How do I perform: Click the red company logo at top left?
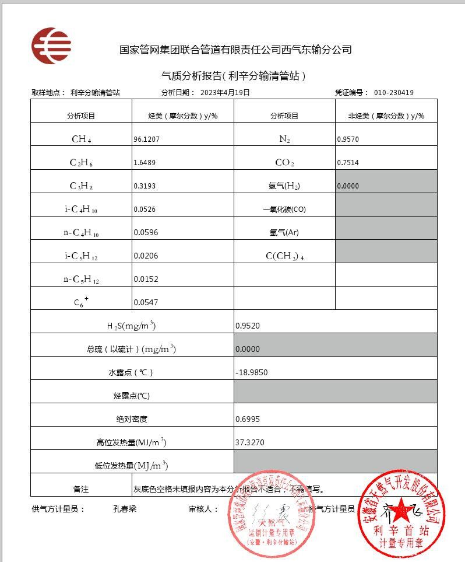pos(51,45)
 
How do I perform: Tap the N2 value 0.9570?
pos(348,139)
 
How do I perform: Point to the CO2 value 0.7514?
pos(348,163)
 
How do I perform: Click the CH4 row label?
pos(81,139)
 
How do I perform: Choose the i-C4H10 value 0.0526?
pos(146,209)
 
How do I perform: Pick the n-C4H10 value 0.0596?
pos(146,232)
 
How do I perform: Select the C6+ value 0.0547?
pos(146,302)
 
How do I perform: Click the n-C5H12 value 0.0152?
pos(146,279)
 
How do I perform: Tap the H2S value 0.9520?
pos(247,326)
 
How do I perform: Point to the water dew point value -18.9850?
pos(252,372)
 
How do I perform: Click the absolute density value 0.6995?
pos(247,419)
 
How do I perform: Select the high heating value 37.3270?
pos(249,442)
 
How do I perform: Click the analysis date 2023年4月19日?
pos(225,92)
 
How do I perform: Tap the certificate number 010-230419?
pos(394,92)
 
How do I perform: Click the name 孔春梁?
pos(125,508)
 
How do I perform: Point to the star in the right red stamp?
pos(400,512)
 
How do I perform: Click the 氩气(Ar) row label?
pos(284,232)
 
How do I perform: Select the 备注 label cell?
pos(81,489)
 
